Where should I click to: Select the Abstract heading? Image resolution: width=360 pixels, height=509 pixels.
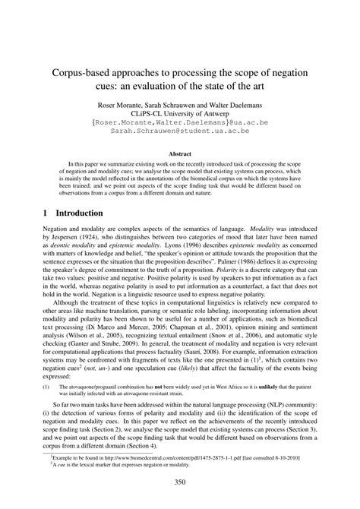(180, 153)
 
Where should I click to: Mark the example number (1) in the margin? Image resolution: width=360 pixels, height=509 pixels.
(45, 387)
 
